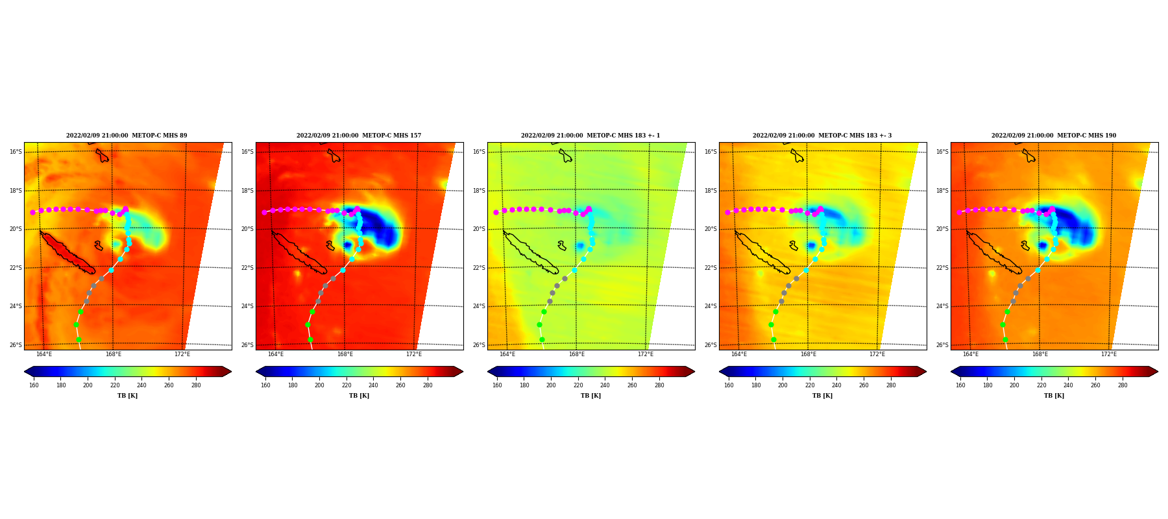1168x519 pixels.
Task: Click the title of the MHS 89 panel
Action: (127, 136)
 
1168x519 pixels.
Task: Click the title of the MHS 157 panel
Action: (359, 136)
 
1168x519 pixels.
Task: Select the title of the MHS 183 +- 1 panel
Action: (590, 136)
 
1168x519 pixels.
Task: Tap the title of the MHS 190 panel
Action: (1054, 136)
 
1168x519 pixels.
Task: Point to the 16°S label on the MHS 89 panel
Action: (16, 152)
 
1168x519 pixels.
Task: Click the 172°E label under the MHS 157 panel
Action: (414, 354)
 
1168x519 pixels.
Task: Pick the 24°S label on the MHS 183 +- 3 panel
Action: (711, 306)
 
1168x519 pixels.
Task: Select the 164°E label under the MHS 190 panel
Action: (971, 354)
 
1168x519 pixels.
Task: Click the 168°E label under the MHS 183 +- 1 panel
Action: (576, 354)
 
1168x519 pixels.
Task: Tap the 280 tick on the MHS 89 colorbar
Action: (196, 385)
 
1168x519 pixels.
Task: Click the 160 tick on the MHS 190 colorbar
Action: (960, 385)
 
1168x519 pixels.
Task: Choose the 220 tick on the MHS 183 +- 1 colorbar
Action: (578, 385)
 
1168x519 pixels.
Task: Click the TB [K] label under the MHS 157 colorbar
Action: (359, 396)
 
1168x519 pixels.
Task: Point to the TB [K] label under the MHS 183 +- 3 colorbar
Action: (822, 396)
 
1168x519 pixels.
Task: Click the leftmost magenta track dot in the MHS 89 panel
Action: (32, 212)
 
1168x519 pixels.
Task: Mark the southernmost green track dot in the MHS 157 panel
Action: (310, 339)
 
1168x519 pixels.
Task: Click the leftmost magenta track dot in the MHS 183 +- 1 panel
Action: (496, 212)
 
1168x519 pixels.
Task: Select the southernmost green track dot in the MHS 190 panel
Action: (1005, 339)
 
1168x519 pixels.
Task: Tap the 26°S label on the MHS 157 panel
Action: (247, 345)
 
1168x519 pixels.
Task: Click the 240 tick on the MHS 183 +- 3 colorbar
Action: (836, 385)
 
